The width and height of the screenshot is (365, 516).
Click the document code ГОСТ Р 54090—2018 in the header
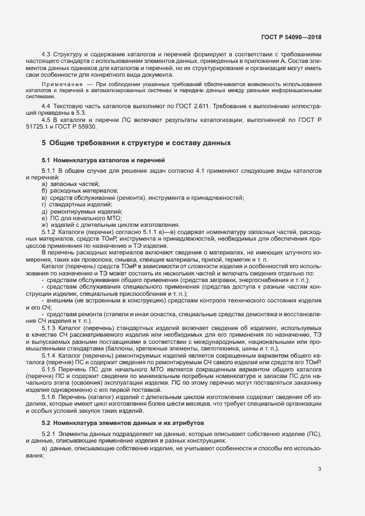291,37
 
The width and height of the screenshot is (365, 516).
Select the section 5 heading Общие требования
136,143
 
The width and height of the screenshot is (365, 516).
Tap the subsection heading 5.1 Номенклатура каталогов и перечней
95,160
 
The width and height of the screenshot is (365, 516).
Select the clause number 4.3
46,54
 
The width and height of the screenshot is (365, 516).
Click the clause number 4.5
46,119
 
